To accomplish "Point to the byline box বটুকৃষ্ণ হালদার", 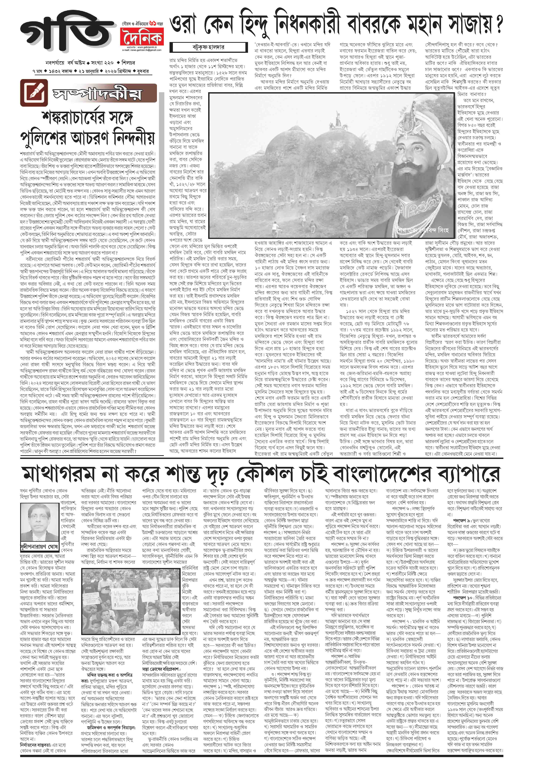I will point(208,47).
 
